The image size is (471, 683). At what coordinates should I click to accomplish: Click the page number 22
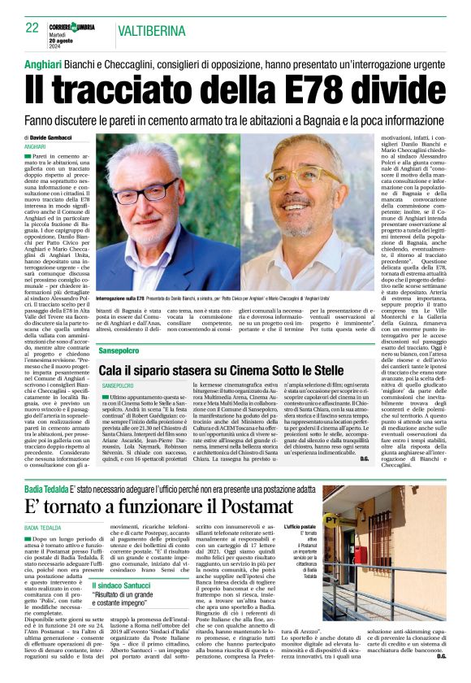pyautogui.click(x=32, y=28)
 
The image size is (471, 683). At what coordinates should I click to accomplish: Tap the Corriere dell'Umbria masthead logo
pyautogui.click(x=78, y=27)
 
